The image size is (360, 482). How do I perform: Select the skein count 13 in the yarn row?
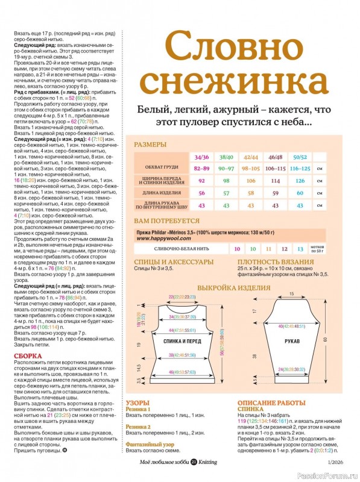tap(300, 248)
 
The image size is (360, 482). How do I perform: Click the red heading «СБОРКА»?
tap(27, 355)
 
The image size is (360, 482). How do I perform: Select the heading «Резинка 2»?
tap(137, 426)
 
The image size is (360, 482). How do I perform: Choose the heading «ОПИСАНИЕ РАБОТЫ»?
tap(271, 401)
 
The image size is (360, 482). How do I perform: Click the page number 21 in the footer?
tap(194, 462)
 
